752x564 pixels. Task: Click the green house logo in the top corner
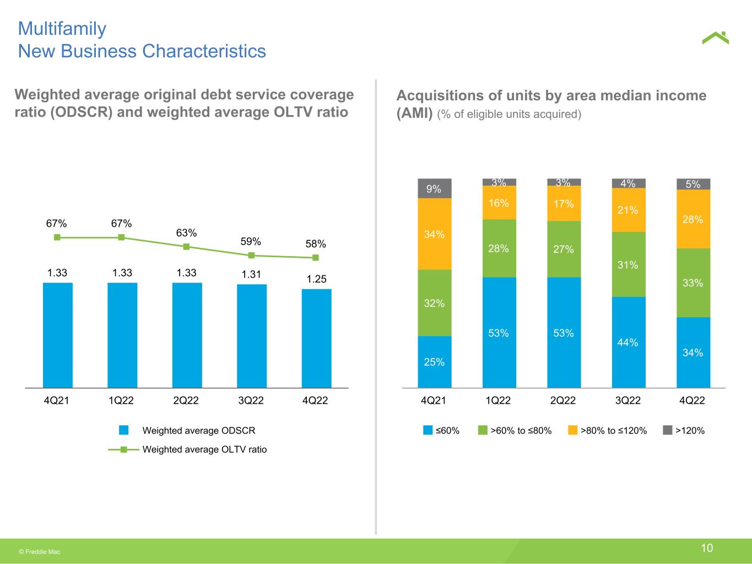click(715, 38)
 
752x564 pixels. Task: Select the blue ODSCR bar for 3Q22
click(252, 336)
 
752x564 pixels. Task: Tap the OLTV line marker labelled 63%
click(187, 247)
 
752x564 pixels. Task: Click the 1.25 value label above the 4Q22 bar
click(317, 279)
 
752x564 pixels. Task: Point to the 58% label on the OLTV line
click(316, 243)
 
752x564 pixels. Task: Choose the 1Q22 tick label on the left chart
click(121, 401)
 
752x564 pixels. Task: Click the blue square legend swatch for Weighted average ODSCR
click(124, 430)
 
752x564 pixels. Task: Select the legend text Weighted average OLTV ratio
click(204, 449)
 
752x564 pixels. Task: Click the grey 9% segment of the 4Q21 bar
click(435, 188)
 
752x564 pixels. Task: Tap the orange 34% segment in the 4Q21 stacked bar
click(435, 234)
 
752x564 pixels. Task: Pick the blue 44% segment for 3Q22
click(629, 342)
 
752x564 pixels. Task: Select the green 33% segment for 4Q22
click(693, 283)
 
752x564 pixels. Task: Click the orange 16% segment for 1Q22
click(499, 203)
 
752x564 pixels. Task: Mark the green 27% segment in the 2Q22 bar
click(564, 249)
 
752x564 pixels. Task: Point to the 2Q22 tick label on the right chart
click(563, 401)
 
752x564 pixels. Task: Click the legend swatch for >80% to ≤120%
click(572, 430)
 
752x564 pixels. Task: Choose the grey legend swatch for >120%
click(667, 430)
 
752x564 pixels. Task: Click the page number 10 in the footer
click(707, 548)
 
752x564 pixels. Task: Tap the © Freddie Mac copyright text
click(40, 551)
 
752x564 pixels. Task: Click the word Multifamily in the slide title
click(62, 29)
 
